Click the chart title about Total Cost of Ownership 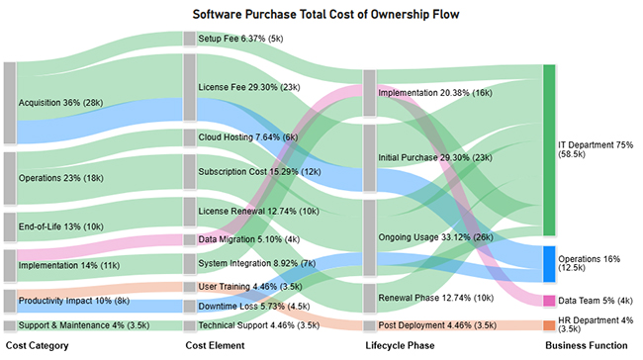321,15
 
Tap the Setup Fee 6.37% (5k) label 241,39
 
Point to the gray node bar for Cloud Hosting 190,137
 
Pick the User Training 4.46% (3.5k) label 243,287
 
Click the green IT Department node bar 549,150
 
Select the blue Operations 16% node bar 549,264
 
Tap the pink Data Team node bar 549,301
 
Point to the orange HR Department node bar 549,325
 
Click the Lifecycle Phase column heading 399,345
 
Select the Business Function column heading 585,345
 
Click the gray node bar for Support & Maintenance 10,325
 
